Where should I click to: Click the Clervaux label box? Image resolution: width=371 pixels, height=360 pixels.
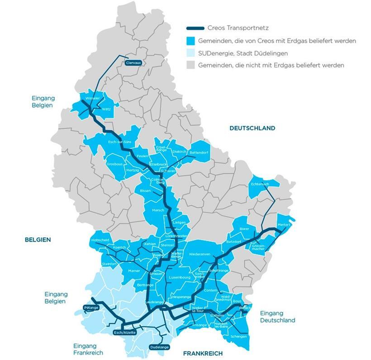(134, 62)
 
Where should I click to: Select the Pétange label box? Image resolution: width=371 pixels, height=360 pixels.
(90, 308)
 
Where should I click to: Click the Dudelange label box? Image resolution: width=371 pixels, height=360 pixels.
(159, 347)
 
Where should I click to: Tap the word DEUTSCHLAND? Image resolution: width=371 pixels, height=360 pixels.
(252, 128)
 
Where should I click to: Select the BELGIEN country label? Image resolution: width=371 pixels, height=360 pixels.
(38, 240)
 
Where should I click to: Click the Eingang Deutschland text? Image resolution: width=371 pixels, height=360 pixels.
(277, 317)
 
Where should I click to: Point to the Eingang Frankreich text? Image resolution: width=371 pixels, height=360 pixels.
(88, 349)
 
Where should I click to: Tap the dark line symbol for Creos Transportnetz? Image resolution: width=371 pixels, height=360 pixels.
(197, 28)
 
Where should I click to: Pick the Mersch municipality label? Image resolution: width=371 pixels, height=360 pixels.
(158, 210)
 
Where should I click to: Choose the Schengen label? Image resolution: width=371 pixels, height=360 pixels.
(238, 336)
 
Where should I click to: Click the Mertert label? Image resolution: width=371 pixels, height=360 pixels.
(284, 225)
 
